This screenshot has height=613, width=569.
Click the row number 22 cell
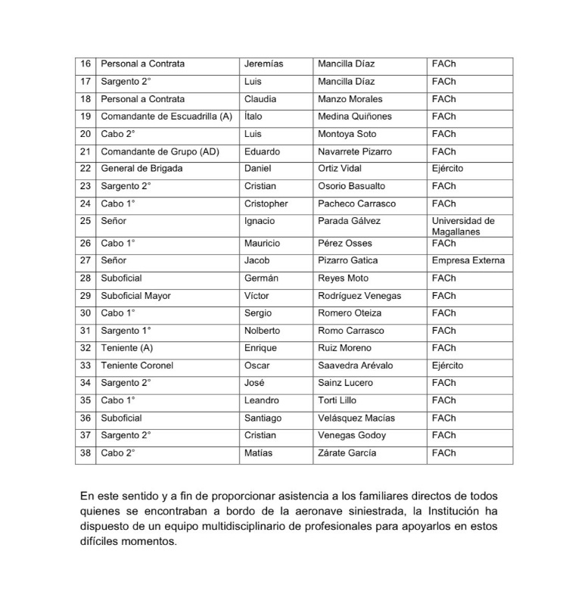coord(86,169)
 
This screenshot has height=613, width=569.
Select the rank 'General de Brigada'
coord(141,169)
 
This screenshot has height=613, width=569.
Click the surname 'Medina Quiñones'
coord(354,117)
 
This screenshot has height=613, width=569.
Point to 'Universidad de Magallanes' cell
coord(463,226)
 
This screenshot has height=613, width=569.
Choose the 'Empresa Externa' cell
coord(468,261)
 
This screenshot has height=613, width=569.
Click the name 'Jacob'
coord(257,261)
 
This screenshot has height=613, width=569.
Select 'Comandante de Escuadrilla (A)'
coord(166,117)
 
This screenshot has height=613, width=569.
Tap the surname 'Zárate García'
coord(347,453)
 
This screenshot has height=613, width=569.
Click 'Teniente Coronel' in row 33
coord(137,366)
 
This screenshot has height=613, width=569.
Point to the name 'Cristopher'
coord(266,204)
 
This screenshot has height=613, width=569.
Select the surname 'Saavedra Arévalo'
coord(356,366)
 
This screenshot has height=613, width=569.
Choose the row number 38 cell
coord(86,453)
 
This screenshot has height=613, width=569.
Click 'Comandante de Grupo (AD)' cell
coord(160,151)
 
